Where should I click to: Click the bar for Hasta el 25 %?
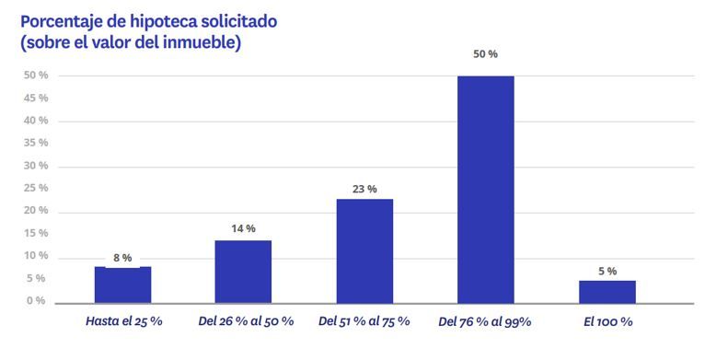click(x=122, y=285)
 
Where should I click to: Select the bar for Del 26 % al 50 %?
click(x=243, y=272)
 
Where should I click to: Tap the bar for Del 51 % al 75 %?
click(x=364, y=250)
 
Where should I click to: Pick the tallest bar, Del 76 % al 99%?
click(x=486, y=189)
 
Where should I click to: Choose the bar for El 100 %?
click(x=607, y=291)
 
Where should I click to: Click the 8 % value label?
click(x=122, y=258)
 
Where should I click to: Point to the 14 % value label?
click(x=243, y=228)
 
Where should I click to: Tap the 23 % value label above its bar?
click(x=364, y=189)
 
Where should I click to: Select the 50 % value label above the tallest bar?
click(x=485, y=54)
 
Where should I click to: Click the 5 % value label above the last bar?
click(x=607, y=271)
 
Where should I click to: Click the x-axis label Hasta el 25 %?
click(x=123, y=321)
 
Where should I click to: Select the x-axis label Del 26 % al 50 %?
click(x=246, y=321)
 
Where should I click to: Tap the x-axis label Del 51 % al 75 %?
click(x=365, y=321)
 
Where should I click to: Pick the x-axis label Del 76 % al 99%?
click(x=485, y=321)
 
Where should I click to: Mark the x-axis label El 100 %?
click(x=608, y=321)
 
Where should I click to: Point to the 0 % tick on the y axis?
click(x=35, y=301)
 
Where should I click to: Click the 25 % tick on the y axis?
click(x=35, y=189)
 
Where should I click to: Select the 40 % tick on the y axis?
click(x=35, y=121)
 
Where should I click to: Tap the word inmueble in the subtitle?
click(x=202, y=42)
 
